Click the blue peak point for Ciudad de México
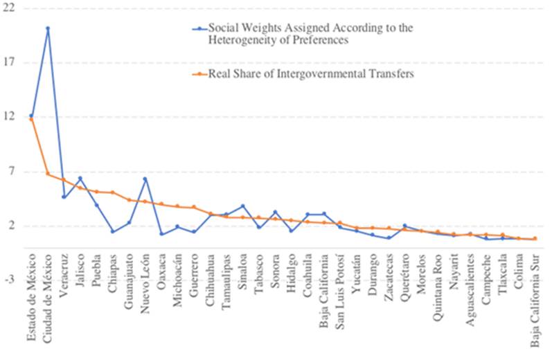[x=47, y=28]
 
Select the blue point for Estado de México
[x=31, y=116]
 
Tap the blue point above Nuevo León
[x=145, y=179]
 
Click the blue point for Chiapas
[x=113, y=231]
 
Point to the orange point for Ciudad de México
[x=47, y=173]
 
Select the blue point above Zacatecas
[x=389, y=238]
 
